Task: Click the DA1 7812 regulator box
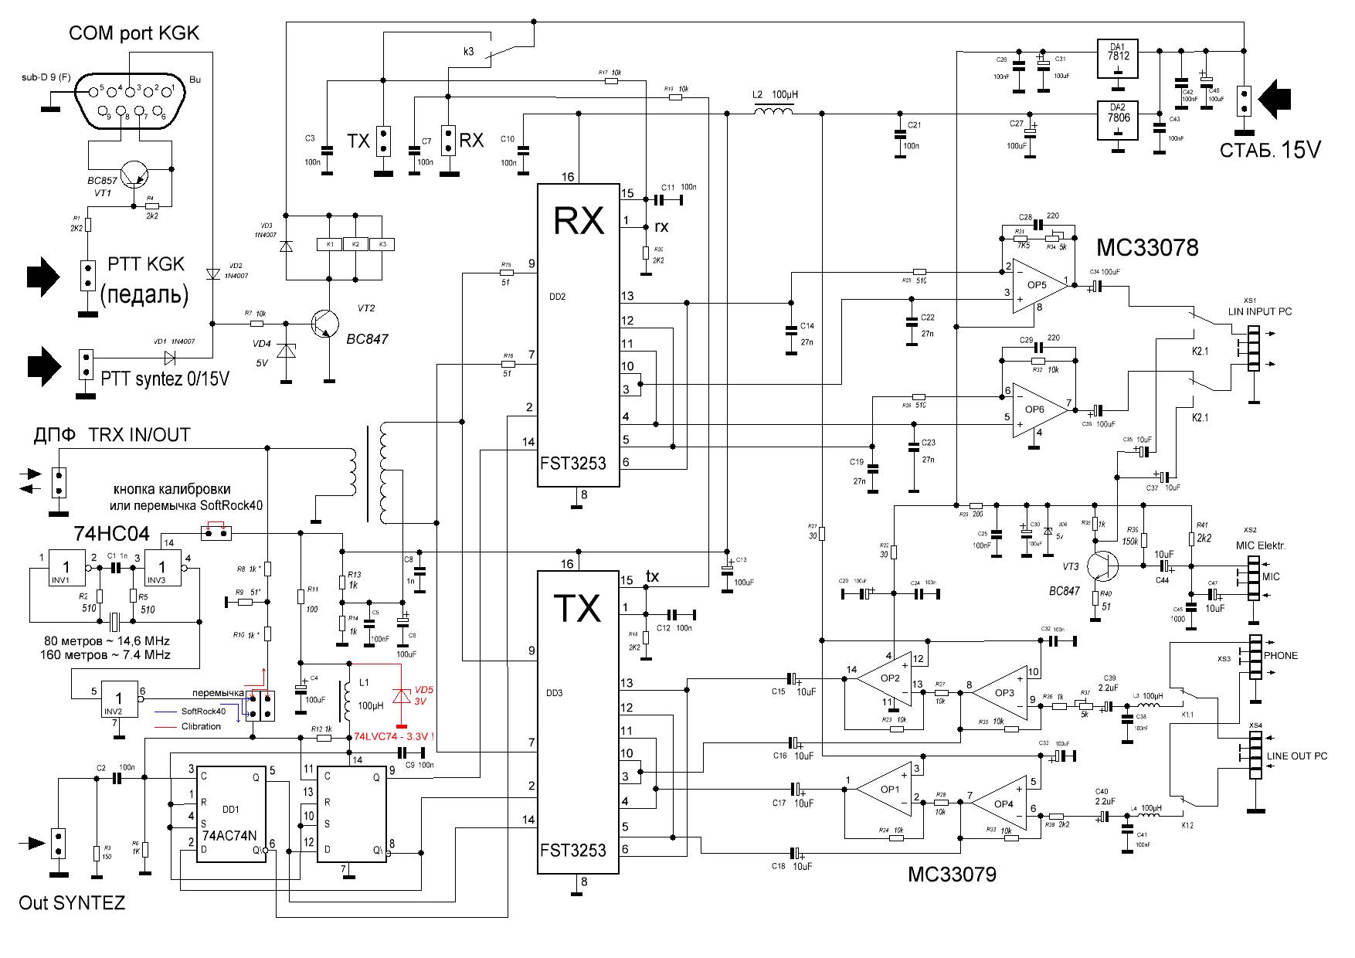click(x=1118, y=59)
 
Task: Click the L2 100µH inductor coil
click(x=773, y=114)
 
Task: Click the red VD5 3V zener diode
click(x=401, y=695)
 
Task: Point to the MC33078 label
click(x=1147, y=248)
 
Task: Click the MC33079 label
click(x=952, y=875)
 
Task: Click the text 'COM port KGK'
click(x=134, y=33)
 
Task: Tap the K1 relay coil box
click(x=330, y=244)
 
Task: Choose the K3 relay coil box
click(x=381, y=244)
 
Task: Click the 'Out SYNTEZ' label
click(x=72, y=903)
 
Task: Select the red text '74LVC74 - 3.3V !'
click(x=393, y=736)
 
